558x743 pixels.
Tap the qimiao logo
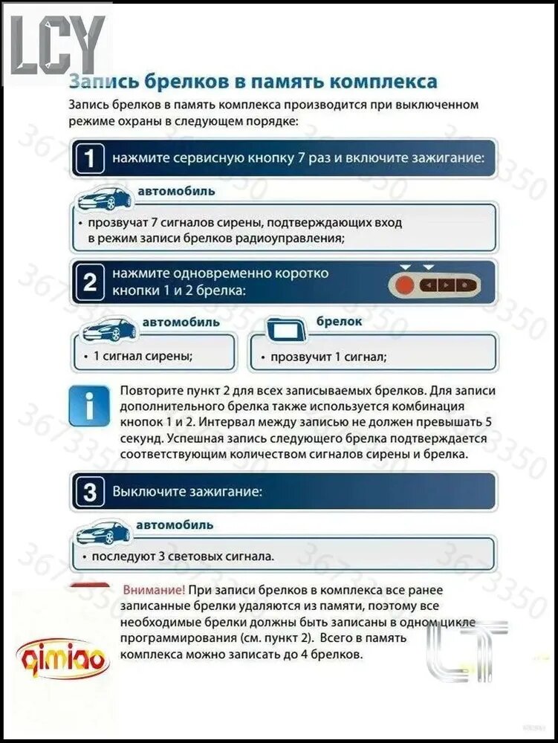click(62, 658)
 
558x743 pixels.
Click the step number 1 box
click(89, 158)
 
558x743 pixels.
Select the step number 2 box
click(89, 282)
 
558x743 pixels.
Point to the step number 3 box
click(89, 491)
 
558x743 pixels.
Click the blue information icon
click(89, 406)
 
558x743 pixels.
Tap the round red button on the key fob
click(405, 286)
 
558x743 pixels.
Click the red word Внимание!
click(154, 591)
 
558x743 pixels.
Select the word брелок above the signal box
click(339, 321)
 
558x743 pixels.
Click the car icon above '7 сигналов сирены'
click(104, 198)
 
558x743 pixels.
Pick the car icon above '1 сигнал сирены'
click(109, 329)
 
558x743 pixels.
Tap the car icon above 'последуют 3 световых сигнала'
click(103, 533)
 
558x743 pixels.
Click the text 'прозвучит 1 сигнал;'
click(328, 357)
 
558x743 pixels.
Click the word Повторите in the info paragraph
click(152, 392)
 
